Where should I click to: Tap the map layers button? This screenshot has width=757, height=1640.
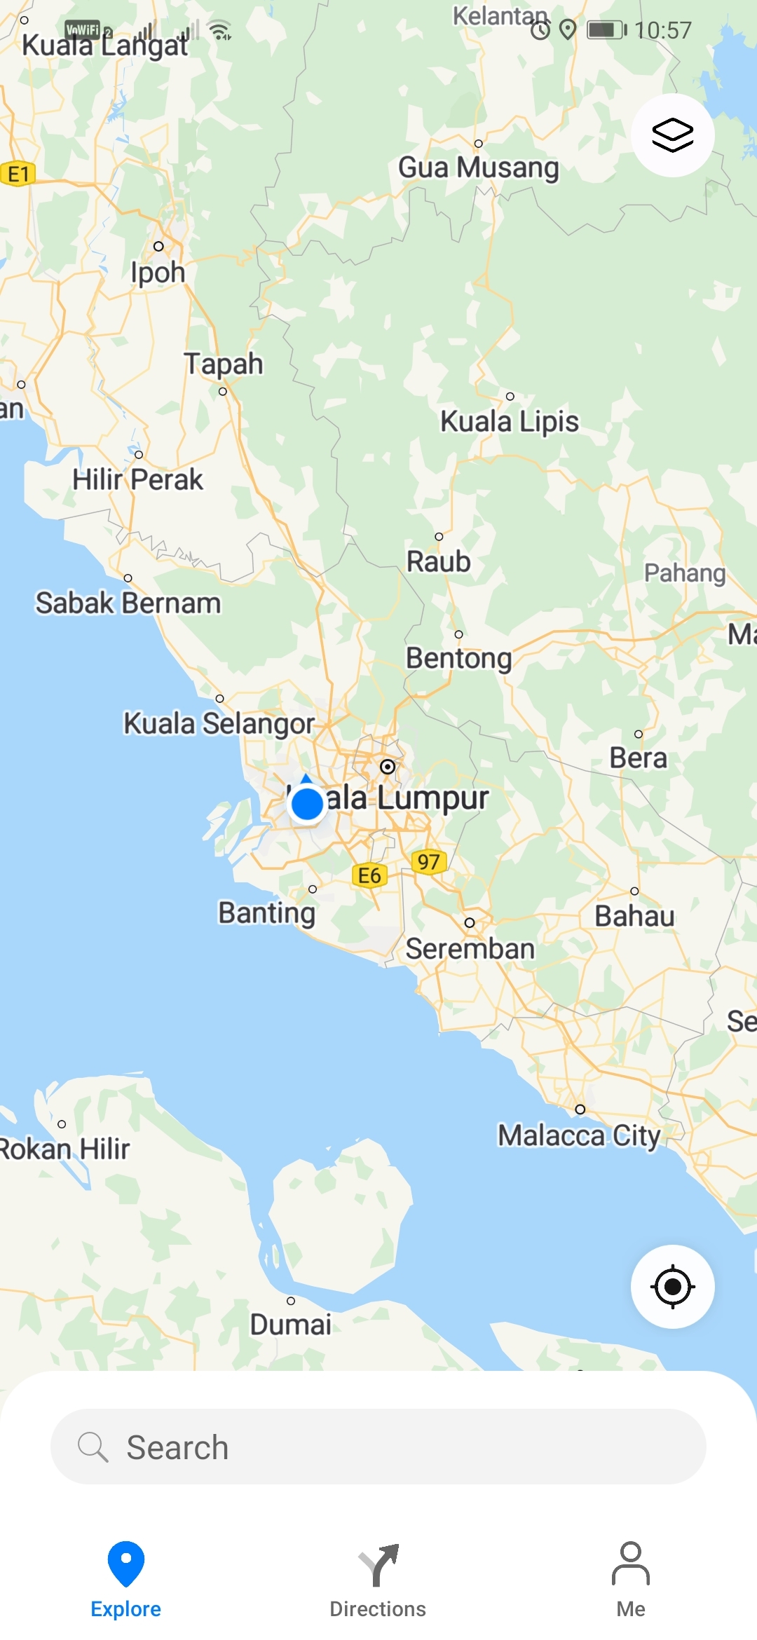(x=672, y=135)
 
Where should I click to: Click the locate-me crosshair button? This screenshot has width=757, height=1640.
(x=672, y=1286)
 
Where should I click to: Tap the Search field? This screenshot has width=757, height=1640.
(x=378, y=1447)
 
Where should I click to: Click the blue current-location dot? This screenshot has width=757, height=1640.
(x=307, y=804)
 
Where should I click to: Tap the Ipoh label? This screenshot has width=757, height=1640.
(x=158, y=272)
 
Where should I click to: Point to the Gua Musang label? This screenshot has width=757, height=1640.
(x=479, y=168)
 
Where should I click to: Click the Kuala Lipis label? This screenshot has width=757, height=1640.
(x=510, y=421)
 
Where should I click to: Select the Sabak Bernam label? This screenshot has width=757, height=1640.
(x=128, y=603)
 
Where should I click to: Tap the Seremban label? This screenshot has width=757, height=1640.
(x=470, y=948)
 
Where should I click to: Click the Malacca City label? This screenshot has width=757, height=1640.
(x=579, y=1135)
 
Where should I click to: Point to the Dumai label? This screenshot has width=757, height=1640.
(x=291, y=1324)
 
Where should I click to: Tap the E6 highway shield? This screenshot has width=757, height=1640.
(x=369, y=875)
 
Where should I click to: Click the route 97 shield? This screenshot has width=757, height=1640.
(x=428, y=861)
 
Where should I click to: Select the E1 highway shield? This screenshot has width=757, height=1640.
(x=18, y=174)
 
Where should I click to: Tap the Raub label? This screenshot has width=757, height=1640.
(x=439, y=561)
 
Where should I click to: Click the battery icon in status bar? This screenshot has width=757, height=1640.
(x=606, y=30)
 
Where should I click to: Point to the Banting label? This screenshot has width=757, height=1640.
(x=267, y=913)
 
